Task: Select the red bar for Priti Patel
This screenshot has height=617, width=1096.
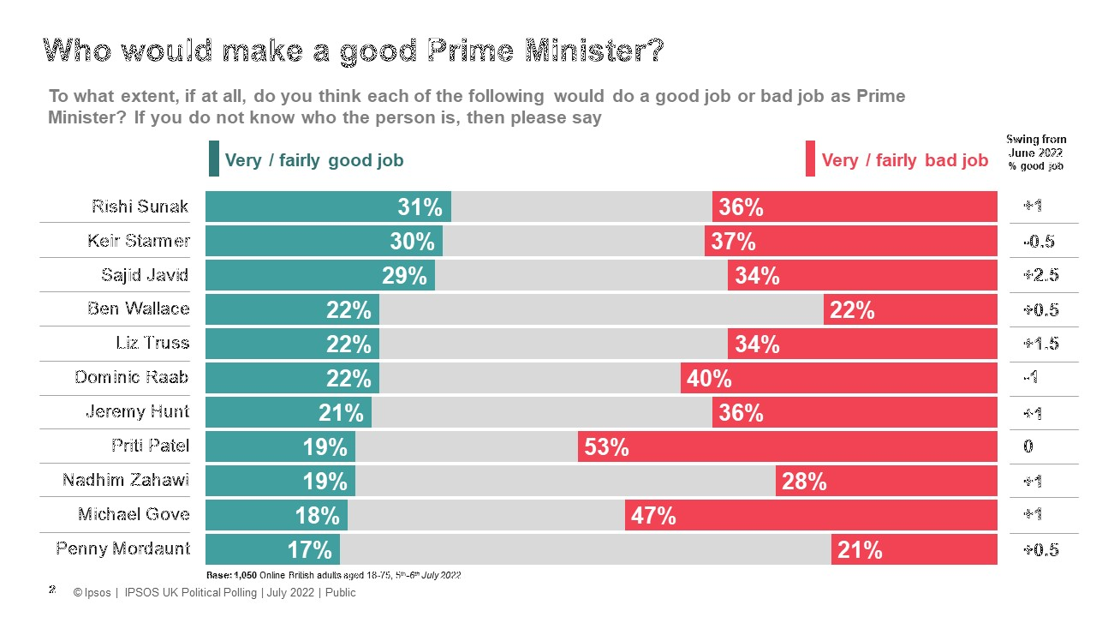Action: pyautogui.click(x=788, y=446)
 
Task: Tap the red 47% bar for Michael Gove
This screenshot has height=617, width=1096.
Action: pyautogui.click(x=811, y=515)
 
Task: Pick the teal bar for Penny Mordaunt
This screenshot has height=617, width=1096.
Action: pyautogui.click(x=272, y=549)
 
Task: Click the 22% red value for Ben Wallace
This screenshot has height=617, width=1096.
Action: pyautogui.click(x=852, y=310)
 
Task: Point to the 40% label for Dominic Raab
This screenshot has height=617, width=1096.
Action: pyautogui.click(x=709, y=379)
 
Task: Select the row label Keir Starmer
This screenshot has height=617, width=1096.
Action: pyautogui.click(x=139, y=241)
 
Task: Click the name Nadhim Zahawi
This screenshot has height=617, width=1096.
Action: pyautogui.click(x=126, y=481)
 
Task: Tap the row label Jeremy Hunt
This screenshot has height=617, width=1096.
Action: pyautogui.click(x=138, y=412)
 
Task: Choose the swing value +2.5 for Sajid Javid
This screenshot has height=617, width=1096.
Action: pyautogui.click(x=1040, y=276)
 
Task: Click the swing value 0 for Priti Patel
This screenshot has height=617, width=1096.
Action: pyautogui.click(x=1027, y=446)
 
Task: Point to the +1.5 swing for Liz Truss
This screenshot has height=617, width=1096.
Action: pyautogui.click(x=1040, y=344)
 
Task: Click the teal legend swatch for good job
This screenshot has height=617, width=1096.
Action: pyautogui.click(x=213, y=159)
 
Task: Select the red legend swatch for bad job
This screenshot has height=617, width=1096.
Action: pyautogui.click(x=810, y=160)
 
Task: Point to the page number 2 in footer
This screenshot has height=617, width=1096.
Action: pyautogui.click(x=52, y=590)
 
